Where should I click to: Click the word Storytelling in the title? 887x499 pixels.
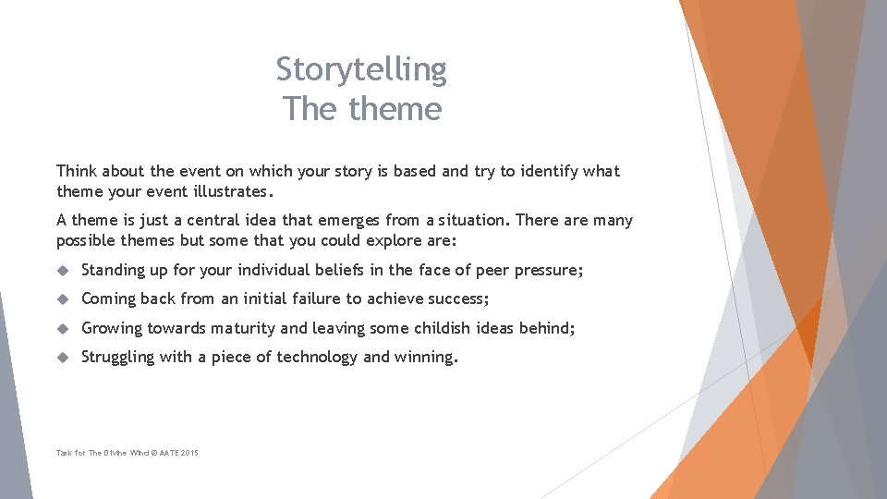point(361,69)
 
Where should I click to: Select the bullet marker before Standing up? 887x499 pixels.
point(64,271)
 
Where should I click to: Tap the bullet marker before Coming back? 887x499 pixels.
point(64,299)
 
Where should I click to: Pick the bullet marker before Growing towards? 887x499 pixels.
point(64,328)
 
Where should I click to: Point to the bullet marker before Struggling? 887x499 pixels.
point(64,358)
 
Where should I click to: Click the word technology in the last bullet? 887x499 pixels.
point(317,358)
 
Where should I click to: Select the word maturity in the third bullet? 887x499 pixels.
point(242,328)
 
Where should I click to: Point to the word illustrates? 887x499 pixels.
point(227,192)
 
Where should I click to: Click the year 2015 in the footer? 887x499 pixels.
point(189,453)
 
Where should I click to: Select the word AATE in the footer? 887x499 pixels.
point(166,453)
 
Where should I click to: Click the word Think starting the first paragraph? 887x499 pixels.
point(77,171)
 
